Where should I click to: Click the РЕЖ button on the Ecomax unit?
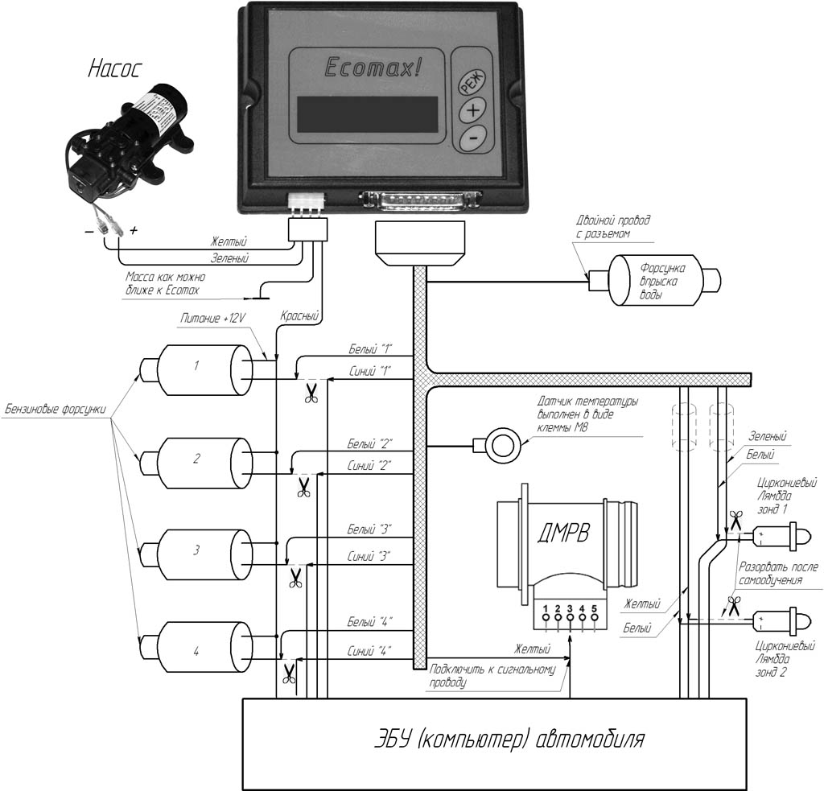tap(472, 81)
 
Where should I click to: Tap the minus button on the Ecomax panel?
tap(472, 138)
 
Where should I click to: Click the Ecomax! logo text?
tap(373, 68)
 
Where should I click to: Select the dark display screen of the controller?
tap(367, 114)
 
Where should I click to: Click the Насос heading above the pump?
tap(114, 69)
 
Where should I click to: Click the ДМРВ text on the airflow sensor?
tap(563, 534)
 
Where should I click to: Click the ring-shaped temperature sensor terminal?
tap(503, 445)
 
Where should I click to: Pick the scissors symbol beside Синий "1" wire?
tap(311, 393)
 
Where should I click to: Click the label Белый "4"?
tap(370, 622)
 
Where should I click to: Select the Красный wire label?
tap(299, 316)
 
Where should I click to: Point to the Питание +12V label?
tap(213, 319)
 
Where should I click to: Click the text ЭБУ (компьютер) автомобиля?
tap(509, 740)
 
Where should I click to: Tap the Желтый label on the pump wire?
tap(229, 241)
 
